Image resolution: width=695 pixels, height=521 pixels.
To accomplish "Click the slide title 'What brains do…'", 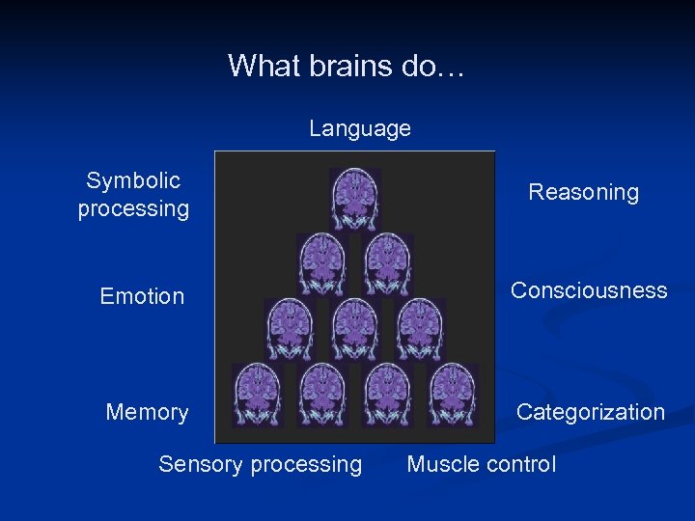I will [x=347, y=66].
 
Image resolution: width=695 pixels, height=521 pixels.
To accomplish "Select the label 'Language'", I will [x=359, y=128].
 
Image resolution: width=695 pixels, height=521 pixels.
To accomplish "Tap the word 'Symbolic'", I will [x=133, y=180].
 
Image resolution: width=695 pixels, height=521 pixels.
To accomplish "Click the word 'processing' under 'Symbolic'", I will [x=133, y=208].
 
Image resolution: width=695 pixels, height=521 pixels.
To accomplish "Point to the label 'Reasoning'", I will [x=583, y=192].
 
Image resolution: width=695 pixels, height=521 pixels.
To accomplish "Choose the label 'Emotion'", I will [x=142, y=296].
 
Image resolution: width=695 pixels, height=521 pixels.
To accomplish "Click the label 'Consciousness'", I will [x=589, y=290].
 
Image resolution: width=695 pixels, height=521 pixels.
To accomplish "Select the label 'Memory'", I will [x=147, y=412].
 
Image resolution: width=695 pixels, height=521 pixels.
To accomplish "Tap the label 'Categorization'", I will [x=590, y=412].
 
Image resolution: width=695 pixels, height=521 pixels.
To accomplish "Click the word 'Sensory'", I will [x=199, y=464].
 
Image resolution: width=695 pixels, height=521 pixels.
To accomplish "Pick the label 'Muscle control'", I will [x=481, y=464].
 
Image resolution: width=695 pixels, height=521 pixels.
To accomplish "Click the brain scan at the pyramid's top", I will [x=355, y=199].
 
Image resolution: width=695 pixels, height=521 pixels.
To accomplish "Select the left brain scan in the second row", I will [x=322, y=263].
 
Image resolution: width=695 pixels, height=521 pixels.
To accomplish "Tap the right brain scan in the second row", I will [x=388, y=263].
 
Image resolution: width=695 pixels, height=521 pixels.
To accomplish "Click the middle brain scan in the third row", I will [x=355, y=328].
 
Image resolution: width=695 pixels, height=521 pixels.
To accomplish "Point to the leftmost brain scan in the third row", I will [x=290, y=328].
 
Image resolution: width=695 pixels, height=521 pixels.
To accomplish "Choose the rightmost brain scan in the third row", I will [x=421, y=328].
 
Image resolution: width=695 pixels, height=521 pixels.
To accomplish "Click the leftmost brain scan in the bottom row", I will [x=257, y=394].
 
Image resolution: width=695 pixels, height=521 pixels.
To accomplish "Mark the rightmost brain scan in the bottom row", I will [x=454, y=394].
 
